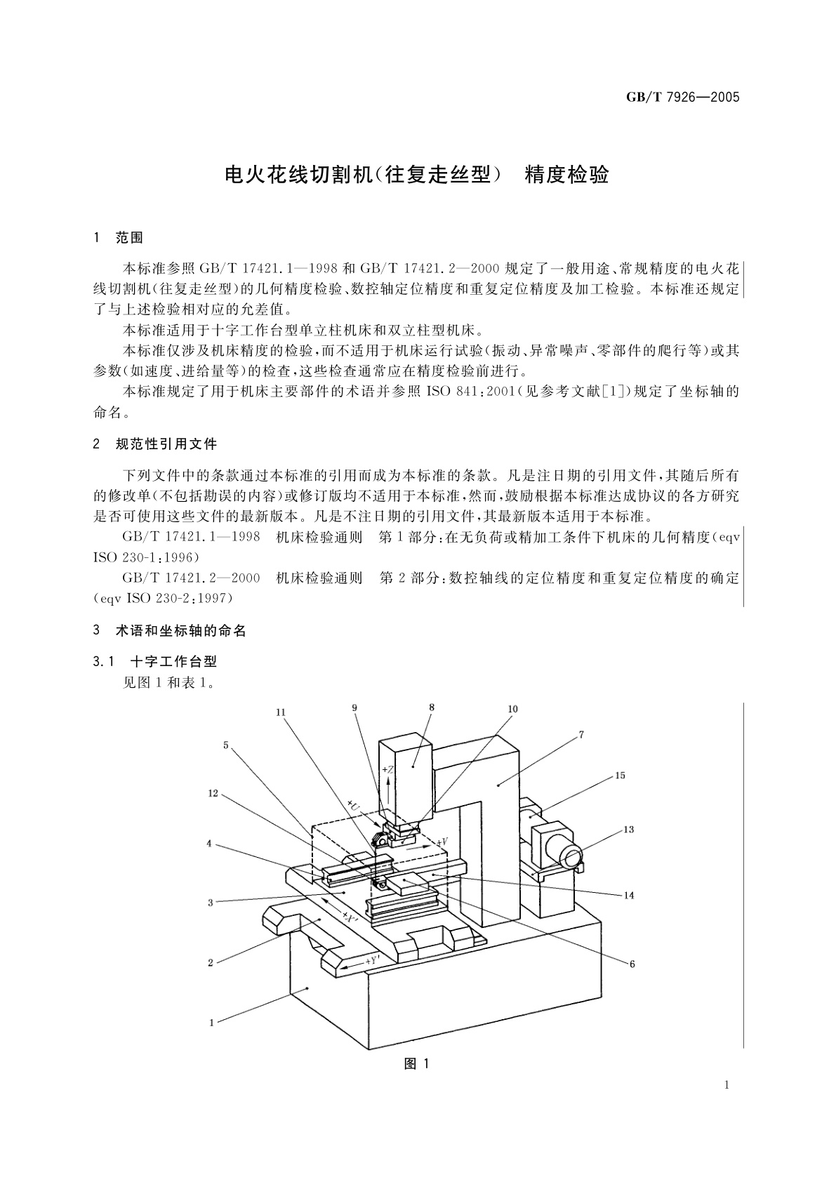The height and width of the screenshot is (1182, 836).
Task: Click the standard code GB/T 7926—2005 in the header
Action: [683, 97]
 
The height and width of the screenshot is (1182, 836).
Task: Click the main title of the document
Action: [417, 175]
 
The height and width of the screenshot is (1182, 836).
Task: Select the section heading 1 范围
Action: [118, 238]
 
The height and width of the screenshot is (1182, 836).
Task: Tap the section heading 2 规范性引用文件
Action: [154, 444]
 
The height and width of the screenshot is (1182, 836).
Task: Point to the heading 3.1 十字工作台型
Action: [154, 662]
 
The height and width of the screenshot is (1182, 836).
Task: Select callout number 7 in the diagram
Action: [581, 734]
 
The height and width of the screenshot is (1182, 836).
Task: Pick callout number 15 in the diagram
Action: [620, 776]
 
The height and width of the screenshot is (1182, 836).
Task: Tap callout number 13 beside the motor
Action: [628, 830]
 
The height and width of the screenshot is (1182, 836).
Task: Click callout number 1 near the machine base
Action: [212, 1023]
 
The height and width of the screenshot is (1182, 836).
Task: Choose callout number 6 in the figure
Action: [632, 964]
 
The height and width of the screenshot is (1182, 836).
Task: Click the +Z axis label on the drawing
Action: [388, 770]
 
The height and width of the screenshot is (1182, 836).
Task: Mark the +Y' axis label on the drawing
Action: [373, 961]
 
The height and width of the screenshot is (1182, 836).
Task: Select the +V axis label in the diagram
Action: [442, 841]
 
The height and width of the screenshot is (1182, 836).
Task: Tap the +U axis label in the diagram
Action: [353, 804]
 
